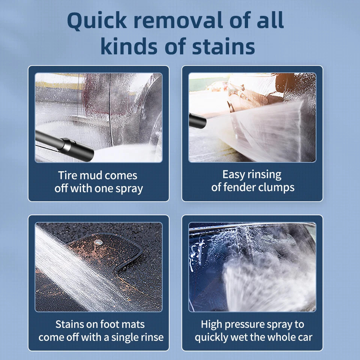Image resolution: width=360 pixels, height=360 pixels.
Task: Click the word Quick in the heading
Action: tap(97, 21)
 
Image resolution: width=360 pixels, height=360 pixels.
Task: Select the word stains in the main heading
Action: tap(223, 46)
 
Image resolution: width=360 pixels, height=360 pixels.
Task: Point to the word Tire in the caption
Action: tap(67, 175)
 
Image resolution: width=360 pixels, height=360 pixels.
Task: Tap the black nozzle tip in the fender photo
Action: tap(197, 120)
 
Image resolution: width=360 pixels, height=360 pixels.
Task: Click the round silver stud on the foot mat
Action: tap(98, 242)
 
